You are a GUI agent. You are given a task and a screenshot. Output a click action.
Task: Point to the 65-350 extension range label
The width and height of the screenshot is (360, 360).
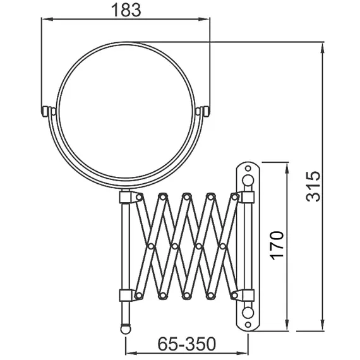click(187, 344)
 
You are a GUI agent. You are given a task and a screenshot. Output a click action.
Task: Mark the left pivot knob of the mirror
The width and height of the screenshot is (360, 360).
click(48, 112)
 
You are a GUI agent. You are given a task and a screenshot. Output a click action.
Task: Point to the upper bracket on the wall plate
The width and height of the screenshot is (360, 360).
click(246, 198)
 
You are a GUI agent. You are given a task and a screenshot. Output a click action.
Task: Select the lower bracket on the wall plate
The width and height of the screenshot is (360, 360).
click(246, 294)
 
